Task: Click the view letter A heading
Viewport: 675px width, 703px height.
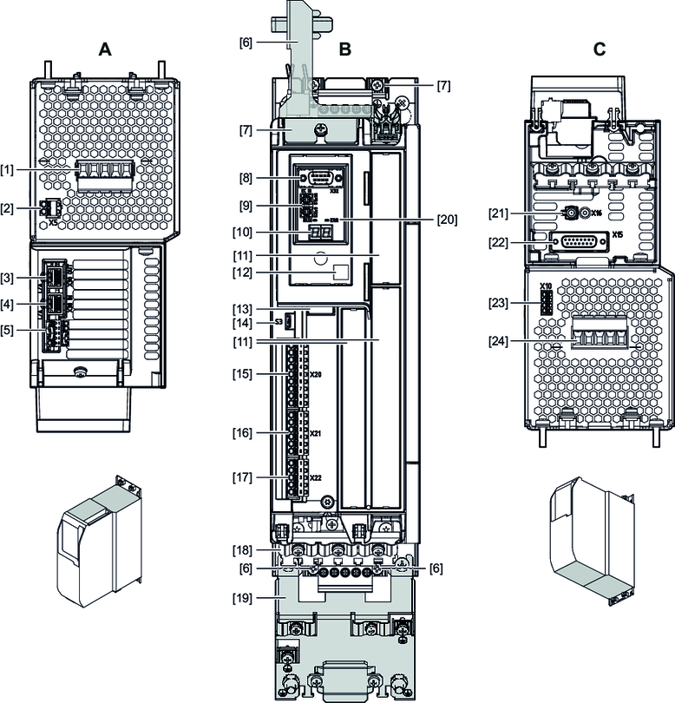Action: tap(105, 50)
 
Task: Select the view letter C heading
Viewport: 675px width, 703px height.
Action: tap(600, 50)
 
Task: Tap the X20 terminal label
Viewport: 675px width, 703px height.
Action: tap(316, 375)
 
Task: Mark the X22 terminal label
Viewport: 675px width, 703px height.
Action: tap(316, 477)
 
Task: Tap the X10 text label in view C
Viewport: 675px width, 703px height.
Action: tap(546, 286)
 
